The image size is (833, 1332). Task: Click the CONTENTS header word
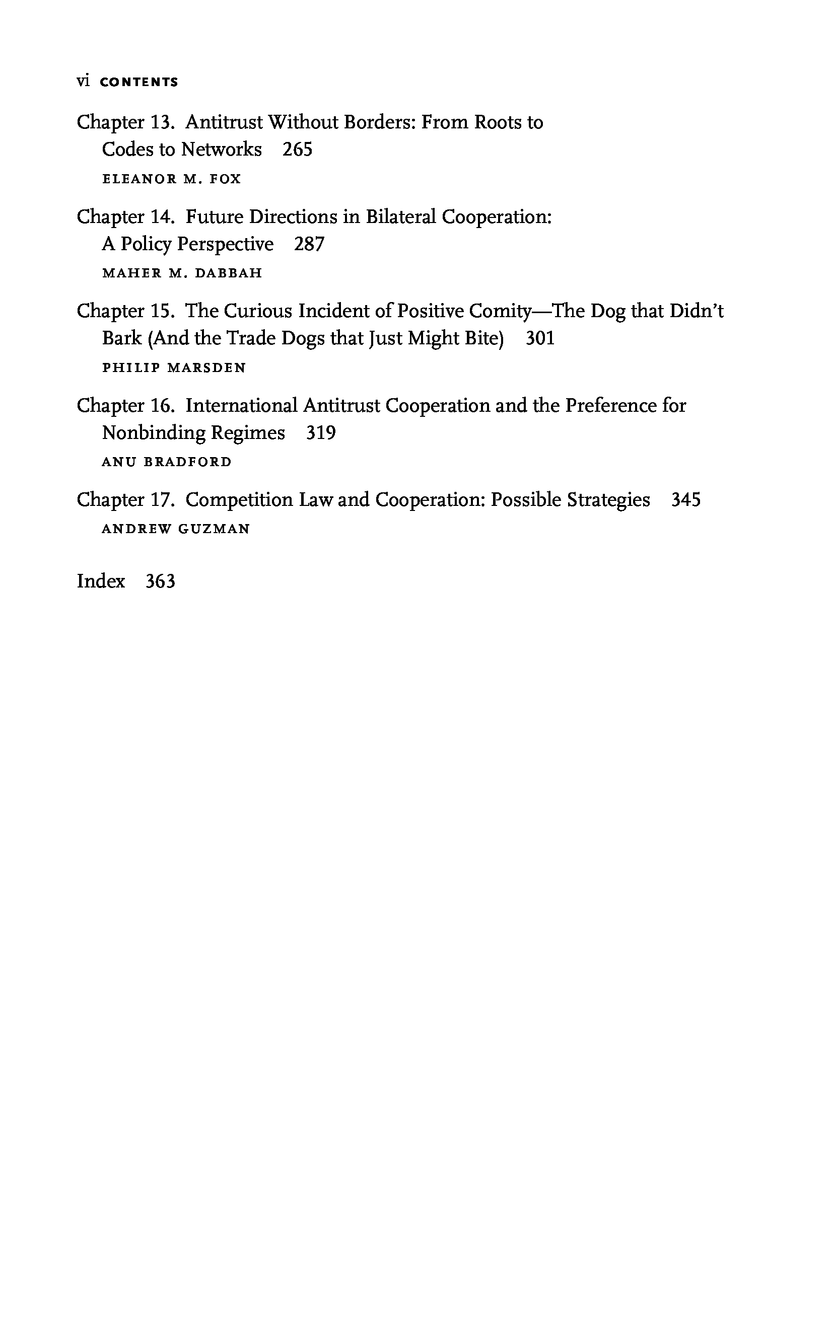pos(140,83)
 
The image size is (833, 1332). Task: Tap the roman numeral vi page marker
pos(83,82)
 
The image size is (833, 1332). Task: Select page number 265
pos(298,150)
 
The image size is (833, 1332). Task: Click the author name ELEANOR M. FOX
pos(172,179)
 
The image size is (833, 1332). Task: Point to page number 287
pos(309,244)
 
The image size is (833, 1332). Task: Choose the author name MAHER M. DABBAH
pos(182,273)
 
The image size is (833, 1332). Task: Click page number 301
pos(540,338)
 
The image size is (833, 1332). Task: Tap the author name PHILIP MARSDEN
pos(174,368)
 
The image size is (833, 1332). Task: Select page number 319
pos(321,433)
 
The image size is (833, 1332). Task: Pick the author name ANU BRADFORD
pos(167,462)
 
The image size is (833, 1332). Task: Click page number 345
pos(686,500)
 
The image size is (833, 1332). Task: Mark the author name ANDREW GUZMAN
pos(176,529)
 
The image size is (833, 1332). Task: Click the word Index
pos(101,581)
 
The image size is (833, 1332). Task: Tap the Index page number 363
pos(160,581)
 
